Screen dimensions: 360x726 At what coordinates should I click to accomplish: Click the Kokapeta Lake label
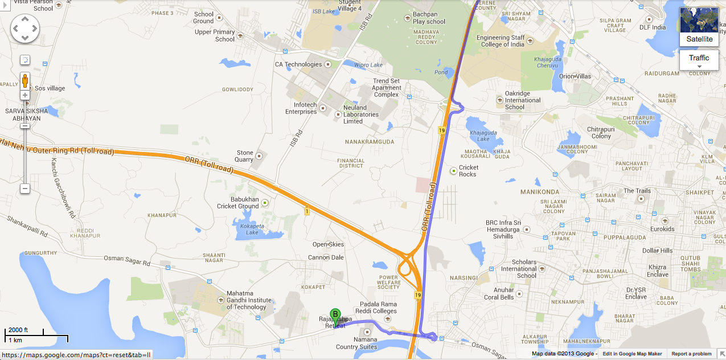click(x=252, y=229)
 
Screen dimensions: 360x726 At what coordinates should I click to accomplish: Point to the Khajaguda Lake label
click(x=479, y=136)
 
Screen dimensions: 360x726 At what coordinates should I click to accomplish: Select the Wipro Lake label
click(x=368, y=65)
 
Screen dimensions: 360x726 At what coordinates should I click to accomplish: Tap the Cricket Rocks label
click(x=469, y=170)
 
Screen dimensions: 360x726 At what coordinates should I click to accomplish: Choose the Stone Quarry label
click(x=245, y=156)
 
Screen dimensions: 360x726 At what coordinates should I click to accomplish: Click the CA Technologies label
click(x=298, y=64)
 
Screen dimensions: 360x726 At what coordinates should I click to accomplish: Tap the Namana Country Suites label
click(x=356, y=343)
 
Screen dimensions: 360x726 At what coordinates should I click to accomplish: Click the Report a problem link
click(x=691, y=354)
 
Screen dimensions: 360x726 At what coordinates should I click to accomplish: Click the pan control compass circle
click(x=25, y=28)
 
